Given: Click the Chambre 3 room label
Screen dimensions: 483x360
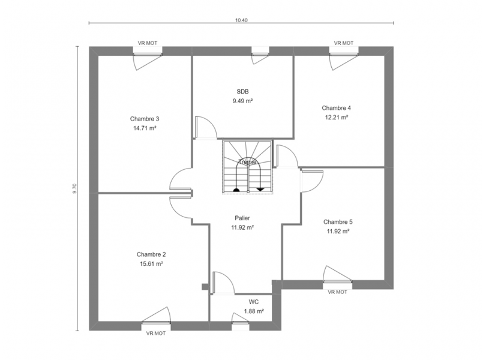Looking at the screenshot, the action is pos(145,119).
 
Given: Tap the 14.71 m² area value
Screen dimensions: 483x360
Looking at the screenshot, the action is pos(145,128).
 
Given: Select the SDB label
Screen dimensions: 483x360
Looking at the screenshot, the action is pos(243,91).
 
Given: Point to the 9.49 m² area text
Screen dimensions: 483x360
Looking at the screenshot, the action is pos(243,101).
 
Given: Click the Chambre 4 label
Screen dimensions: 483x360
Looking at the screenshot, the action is pos(337,108).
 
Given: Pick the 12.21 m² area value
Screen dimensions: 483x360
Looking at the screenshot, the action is pos(337,118).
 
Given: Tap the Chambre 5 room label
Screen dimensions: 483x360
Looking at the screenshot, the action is pos(338,222).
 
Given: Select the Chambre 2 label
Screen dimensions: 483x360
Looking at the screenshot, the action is pos(151,254).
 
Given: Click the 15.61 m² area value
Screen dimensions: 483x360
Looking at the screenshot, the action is pos(151,264).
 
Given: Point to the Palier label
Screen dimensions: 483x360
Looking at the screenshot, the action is pos(242,218).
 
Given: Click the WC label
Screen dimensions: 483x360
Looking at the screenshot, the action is pos(254,302).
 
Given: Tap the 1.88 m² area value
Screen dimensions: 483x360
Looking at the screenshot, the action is pos(254,311).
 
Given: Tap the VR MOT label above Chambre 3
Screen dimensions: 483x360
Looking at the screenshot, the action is pos(148,43).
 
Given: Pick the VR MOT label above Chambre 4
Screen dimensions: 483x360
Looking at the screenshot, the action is pos(344,43).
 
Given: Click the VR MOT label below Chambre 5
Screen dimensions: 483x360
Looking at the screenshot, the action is pos(337,292).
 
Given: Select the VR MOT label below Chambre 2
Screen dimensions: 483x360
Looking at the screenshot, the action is pos(156,333).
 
